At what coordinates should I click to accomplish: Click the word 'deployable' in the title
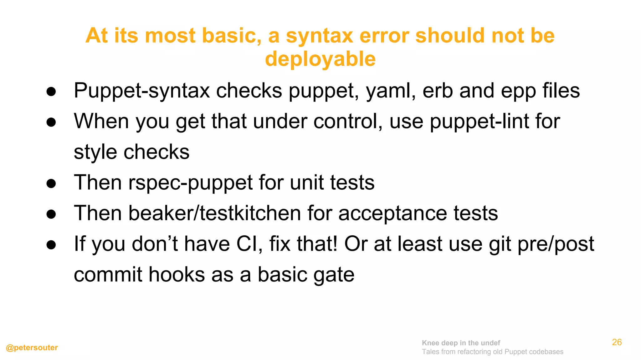click(320, 59)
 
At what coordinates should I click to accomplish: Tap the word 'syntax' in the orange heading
click(320, 36)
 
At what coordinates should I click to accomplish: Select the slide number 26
click(617, 342)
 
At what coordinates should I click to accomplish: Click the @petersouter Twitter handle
click(32, 347)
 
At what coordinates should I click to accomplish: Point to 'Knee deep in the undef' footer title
click(461, 343)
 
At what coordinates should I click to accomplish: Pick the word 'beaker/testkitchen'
click(215, 213)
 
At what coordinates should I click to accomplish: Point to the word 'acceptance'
click(393, 213)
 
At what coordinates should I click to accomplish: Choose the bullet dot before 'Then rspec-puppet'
click(51, 183)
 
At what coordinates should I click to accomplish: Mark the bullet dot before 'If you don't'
click(51, 245)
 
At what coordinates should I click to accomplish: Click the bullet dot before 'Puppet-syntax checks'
click(51, 92)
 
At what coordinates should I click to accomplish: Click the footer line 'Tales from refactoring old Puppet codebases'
click(492, 352)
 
